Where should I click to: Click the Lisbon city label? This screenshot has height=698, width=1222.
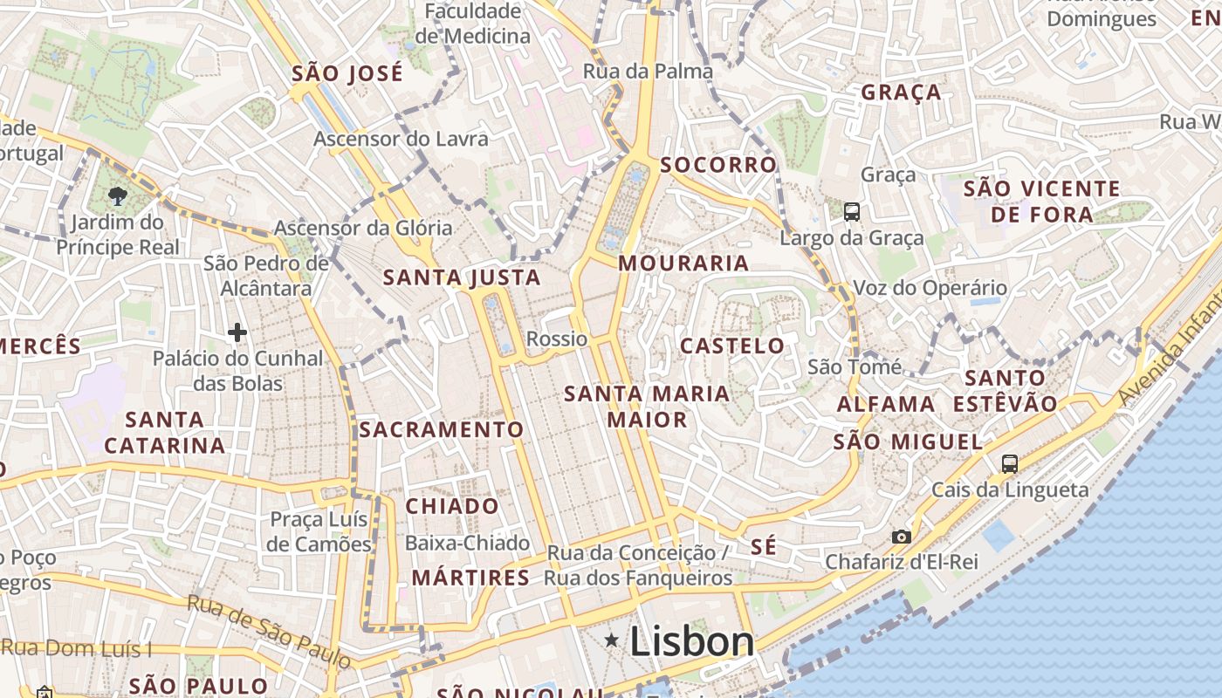click(691, 642)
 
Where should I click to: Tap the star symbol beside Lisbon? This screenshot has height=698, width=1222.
click(612, 641)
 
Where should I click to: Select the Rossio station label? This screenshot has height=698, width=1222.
click(557, 339)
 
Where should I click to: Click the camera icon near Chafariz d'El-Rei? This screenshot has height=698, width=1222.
click(901, 537)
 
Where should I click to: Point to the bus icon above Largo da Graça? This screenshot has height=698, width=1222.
click(851, 211)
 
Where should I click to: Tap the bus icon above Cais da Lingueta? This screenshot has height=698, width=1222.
click(1010, 463)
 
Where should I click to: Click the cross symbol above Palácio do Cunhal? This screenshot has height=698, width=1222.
click(237, 332)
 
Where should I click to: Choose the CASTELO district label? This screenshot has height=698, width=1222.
click(731, 346)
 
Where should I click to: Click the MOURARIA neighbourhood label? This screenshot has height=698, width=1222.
click(683, 263)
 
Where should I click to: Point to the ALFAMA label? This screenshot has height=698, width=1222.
click(886, 404)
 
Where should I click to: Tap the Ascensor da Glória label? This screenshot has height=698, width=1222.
click(363, 228)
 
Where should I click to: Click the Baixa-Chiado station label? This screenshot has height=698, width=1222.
click(467, 543)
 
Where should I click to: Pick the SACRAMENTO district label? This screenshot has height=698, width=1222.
click(441, 429)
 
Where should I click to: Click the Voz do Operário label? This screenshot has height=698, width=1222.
click(930, 287)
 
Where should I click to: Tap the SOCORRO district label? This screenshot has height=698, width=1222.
click(718, 164)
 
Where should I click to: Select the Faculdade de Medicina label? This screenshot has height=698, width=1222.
click(472, 24)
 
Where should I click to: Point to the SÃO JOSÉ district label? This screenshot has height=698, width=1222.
click(347, 73)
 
